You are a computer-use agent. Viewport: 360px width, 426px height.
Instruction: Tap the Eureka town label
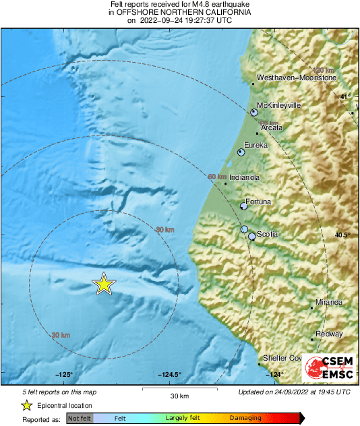pos(256,145)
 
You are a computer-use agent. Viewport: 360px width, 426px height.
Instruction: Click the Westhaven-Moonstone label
pos(297,78)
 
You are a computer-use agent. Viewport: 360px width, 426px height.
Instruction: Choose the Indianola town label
pos(245,177)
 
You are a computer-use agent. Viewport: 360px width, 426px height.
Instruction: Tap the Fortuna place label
pos(259,202)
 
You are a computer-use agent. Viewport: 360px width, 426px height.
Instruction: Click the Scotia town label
pos(268,234)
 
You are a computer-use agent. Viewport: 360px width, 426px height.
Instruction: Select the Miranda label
pos(329,302)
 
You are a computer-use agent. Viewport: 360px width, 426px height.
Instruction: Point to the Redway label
pos(330,334)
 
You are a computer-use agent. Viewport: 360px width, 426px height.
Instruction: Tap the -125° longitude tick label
pos(64,375)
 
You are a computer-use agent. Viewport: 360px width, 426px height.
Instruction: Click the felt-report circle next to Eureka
pos(241,153)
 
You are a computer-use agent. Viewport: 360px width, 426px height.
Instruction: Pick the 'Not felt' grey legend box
pos(80,419)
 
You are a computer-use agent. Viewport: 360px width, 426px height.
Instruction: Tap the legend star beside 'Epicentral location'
pos(27,405)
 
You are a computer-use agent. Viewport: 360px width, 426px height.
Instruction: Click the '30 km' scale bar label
pos(179,395)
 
